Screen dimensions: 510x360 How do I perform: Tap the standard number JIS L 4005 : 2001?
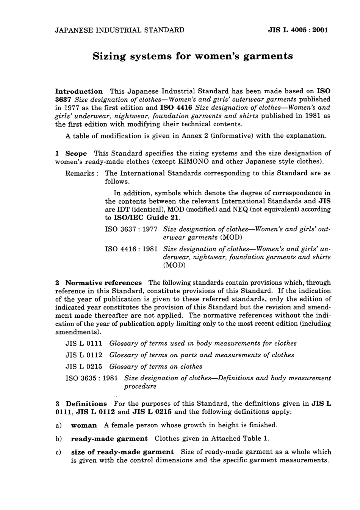[298, 30]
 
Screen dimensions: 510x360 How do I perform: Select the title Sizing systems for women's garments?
[193, 56]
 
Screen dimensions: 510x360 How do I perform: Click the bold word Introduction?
[79, 91]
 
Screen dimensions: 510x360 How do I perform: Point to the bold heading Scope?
[76, 154]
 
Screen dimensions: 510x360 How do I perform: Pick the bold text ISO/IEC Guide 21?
[147, 218]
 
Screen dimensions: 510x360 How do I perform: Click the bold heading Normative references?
[103, 283]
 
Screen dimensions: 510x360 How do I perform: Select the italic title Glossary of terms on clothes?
[155, 367]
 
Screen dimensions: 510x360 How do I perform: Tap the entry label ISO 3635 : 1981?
[92, 378]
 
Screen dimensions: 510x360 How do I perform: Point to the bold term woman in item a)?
[84, 425]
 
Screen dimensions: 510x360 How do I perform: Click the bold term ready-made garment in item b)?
[109, 439]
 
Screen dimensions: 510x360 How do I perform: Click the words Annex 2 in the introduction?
[189, 136]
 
